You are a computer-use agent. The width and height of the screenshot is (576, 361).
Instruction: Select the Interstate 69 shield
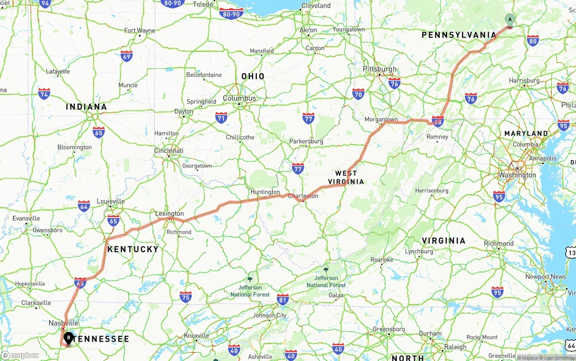click(126, 56)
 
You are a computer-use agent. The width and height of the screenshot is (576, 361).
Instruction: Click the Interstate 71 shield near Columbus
click(221, 118)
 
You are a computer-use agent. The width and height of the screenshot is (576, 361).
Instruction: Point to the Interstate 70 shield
click(358, 94)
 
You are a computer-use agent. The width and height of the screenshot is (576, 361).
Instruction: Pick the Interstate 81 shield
click(283, 299)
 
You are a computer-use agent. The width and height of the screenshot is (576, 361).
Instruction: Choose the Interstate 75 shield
click(185, 297)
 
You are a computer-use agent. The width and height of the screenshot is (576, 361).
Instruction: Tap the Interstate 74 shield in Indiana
click(44, 94)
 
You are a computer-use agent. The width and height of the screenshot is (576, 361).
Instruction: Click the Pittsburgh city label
click(380, 69)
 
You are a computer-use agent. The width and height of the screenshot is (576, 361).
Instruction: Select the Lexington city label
click(169, 214)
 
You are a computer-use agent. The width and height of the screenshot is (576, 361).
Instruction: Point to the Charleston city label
click(303, 196)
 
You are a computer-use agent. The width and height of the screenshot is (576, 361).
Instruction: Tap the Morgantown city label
click(381, 120)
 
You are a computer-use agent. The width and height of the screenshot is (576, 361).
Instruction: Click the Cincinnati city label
click(168, 151)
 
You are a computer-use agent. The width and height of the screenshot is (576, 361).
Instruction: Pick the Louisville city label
click(110, 201)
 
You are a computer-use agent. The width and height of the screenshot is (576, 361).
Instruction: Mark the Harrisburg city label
click(524, 80)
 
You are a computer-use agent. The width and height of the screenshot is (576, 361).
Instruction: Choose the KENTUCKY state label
click(133, 249)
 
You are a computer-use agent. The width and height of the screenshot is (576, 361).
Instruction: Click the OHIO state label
click(253, 76)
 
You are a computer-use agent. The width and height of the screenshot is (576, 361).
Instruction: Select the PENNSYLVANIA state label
click(459, 35)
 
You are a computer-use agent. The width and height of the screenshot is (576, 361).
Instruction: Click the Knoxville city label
click(196, 335)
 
